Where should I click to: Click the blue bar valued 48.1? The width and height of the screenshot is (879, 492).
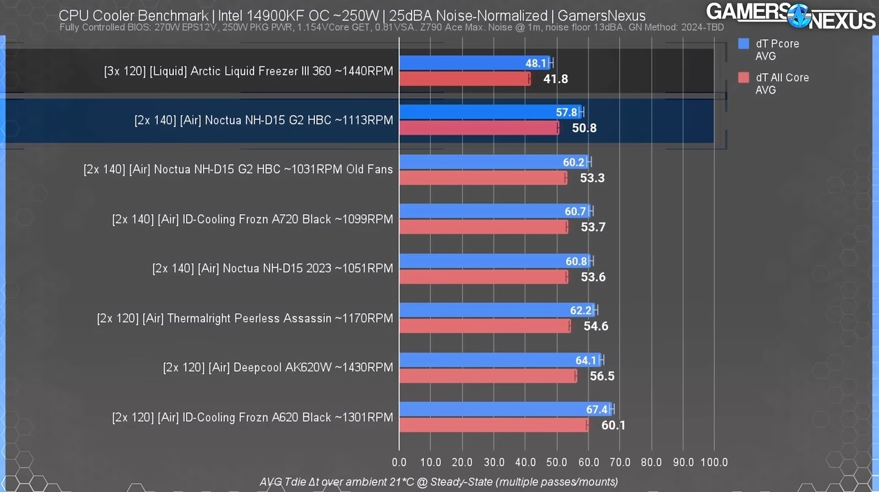[475, 64]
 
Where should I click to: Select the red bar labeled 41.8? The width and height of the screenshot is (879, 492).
[464, 79]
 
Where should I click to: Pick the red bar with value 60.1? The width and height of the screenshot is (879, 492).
[494, 425]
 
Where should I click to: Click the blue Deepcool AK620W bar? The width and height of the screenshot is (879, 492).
[500, 361]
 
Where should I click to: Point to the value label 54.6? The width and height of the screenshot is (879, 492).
[596, 326]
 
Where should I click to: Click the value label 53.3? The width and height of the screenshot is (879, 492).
[592, 178]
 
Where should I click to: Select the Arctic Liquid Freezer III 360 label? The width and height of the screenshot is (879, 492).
[249, 71]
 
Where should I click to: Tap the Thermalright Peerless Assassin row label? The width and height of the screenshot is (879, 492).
[245, 318]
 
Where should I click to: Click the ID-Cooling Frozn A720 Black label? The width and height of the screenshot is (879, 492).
[253, 219]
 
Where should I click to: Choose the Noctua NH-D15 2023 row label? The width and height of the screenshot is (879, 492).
[273, 269]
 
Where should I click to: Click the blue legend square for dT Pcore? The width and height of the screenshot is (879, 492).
[744, 44]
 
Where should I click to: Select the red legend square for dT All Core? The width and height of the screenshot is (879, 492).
[744, 78]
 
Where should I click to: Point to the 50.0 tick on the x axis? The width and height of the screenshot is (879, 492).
[556, 462]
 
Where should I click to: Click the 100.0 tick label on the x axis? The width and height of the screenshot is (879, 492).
[714, 462]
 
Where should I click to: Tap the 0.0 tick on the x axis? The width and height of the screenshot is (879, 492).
[399, 462]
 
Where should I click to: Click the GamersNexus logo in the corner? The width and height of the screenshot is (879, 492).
[790, 15]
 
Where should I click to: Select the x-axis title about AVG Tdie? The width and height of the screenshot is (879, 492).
[438, 482]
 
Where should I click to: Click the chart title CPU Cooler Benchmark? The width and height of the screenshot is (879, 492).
[352, 15]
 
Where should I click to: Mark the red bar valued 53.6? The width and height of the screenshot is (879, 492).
[483, 277]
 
